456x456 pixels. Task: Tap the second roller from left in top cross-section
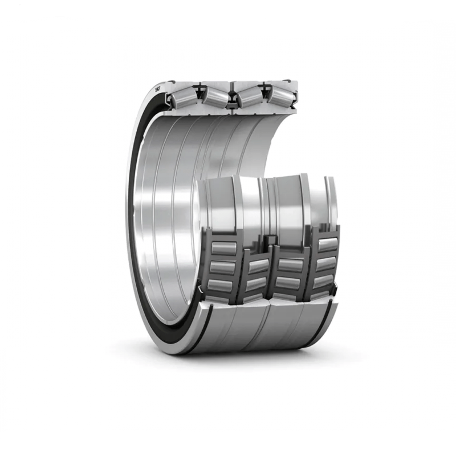215,96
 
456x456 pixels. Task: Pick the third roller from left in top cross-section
250,96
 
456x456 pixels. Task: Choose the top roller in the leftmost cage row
225,247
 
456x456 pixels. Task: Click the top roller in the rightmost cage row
327,245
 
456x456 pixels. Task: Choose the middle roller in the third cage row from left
290,282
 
